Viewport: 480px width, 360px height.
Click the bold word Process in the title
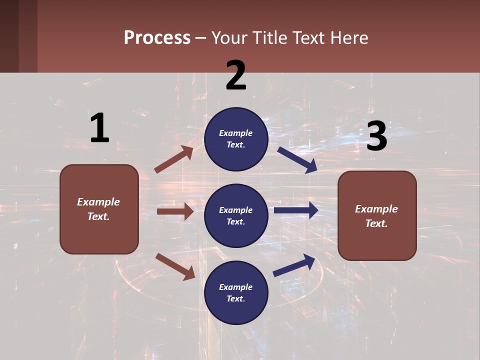pos(157,38)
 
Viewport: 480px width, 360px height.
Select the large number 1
pos(99,128)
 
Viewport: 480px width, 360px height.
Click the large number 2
pos(236,75)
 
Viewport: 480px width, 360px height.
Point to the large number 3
pos(376,136)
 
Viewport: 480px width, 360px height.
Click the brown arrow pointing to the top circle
pos(174,159)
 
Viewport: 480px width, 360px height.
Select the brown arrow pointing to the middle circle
pos(175,211)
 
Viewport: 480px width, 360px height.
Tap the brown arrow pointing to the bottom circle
pos(175,266)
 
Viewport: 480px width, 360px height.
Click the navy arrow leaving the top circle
pos(297,159)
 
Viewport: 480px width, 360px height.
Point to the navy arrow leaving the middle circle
pos(296,210)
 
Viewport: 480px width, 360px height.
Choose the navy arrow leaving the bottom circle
pos(294,265)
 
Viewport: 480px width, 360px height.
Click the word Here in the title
pos(350,38)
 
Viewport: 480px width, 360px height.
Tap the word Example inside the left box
pos(98,202)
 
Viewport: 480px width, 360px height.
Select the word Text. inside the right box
pos(376,223)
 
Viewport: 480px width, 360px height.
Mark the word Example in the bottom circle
pos(236,287)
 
